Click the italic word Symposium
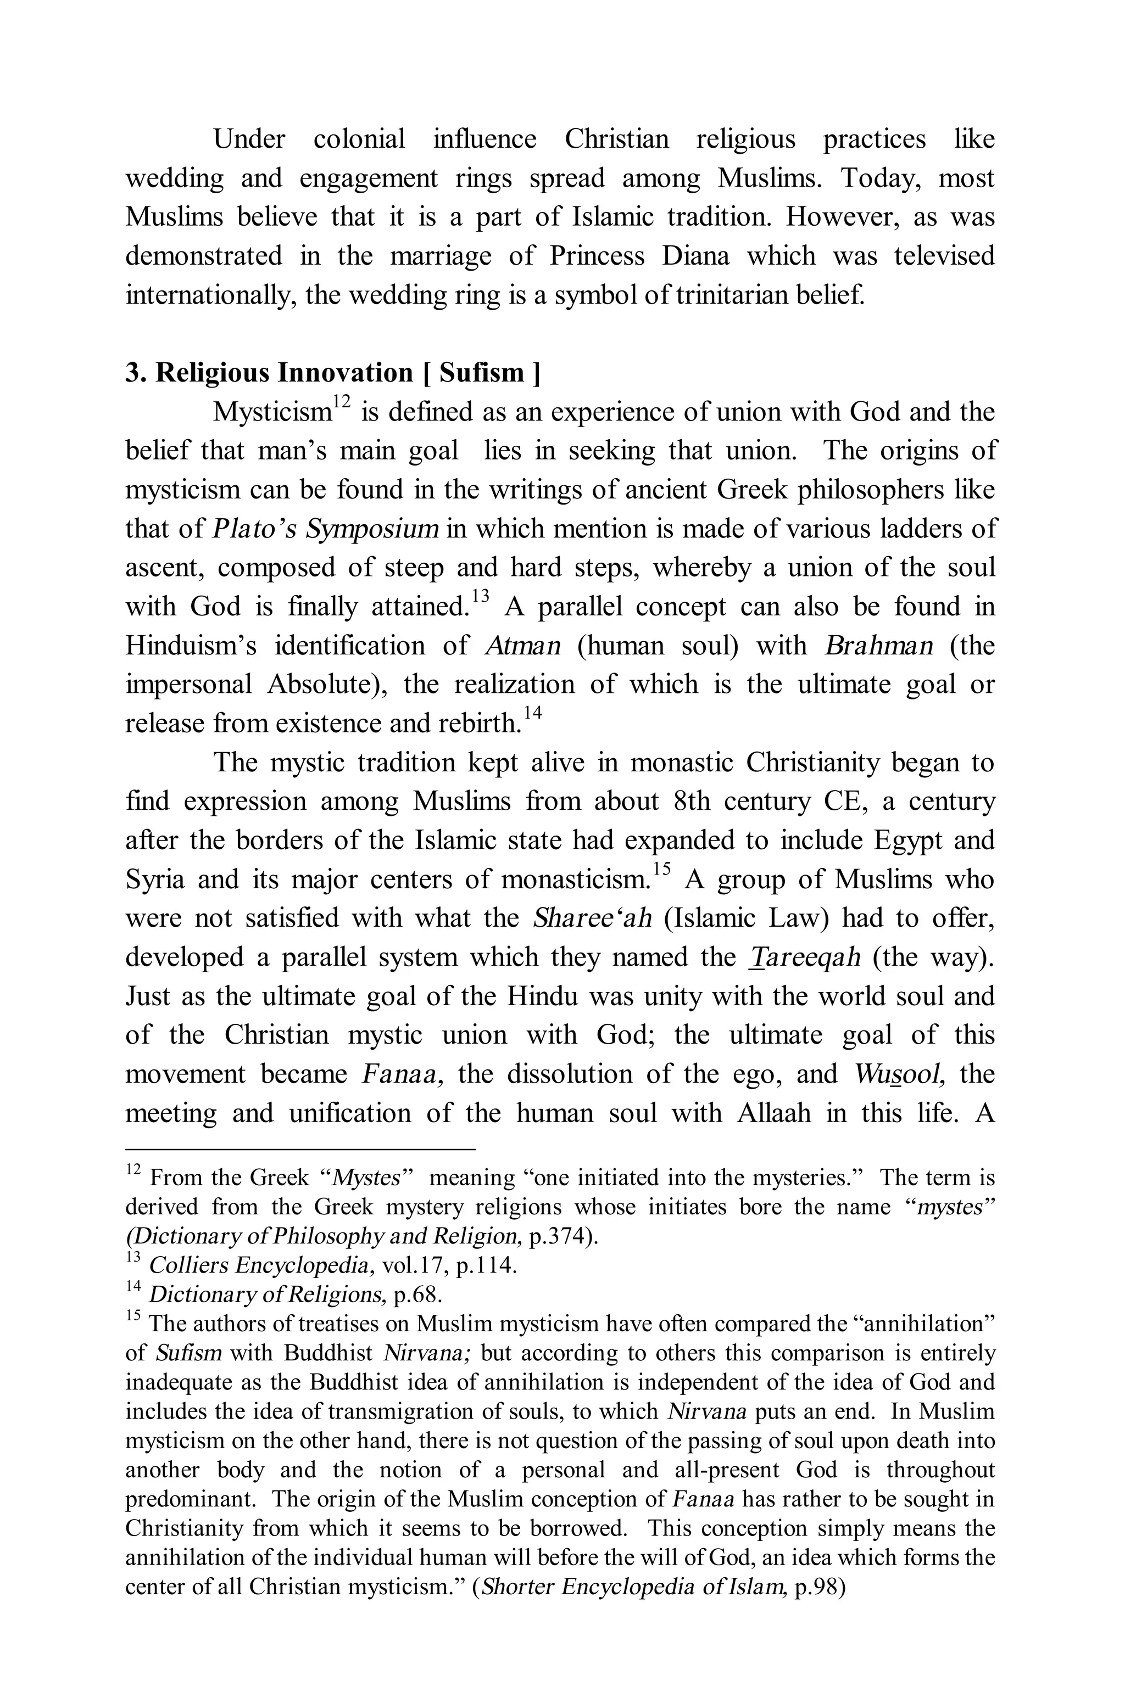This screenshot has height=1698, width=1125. [x=372, y=529]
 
